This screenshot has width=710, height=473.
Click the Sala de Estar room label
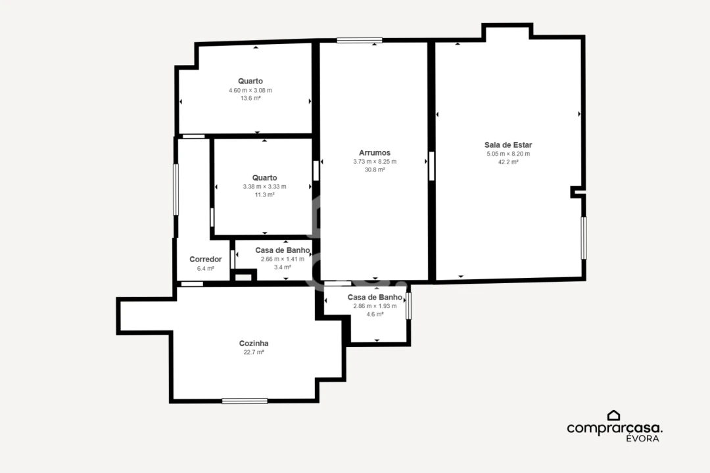tap(508, 145)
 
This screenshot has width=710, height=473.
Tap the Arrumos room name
tap(375, 153)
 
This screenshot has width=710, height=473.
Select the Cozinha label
tap(254, 344)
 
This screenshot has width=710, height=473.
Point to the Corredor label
tap(206, 259)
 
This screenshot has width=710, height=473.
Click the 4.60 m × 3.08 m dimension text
tap(250, 91)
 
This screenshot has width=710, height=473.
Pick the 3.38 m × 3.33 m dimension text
tap(264, 187)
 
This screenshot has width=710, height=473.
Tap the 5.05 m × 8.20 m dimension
tap(508, 154)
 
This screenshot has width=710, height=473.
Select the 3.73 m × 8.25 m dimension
tap(375, 162)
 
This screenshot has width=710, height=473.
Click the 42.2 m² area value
tap(508, 162)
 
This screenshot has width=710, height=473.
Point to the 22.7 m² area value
tap(254, 352)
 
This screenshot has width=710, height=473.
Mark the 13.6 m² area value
tap(250, 99)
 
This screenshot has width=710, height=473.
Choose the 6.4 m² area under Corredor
tap(206, 269)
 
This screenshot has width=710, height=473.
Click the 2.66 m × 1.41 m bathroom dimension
tap(283, 259)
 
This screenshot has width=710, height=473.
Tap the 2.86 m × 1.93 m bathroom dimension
tap(375, 306)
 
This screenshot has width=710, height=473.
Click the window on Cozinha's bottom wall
tap(245, 401)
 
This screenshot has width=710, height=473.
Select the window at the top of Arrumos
tap(360, 40)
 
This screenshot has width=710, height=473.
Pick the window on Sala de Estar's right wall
tap(584, 238)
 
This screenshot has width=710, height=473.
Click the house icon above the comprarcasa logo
tap(613, 415)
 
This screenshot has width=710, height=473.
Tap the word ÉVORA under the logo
tap(642, 438)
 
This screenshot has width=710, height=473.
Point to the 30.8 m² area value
tap(375, 169)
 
